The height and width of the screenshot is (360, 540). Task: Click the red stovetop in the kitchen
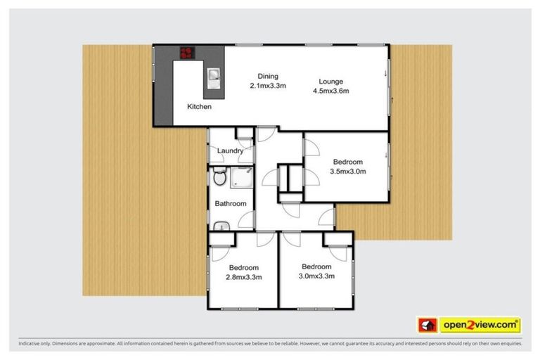tap(188, 52)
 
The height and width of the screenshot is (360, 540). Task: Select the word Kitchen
tap(199, 107)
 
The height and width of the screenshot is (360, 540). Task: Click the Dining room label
tap(268, 76)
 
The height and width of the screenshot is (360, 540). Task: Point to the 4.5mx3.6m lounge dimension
tap(331, 89)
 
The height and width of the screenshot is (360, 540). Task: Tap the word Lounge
tap(330, 80)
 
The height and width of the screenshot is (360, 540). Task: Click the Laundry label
tap(230, 150)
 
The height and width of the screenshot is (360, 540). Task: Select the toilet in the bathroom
tap(219, 179)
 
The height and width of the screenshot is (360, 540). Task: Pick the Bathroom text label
tap(231, 204)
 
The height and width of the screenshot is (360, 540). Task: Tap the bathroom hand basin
tap(220, 226)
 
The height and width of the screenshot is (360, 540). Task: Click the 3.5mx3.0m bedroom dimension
tap(349, 170)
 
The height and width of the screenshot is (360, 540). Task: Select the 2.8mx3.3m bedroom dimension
tap(244, 276)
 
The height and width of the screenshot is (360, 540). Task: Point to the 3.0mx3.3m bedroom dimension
tap(316, 276)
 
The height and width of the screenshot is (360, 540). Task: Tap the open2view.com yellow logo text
tap(480, 325)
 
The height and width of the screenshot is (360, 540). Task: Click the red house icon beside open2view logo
tap(426, 325)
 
